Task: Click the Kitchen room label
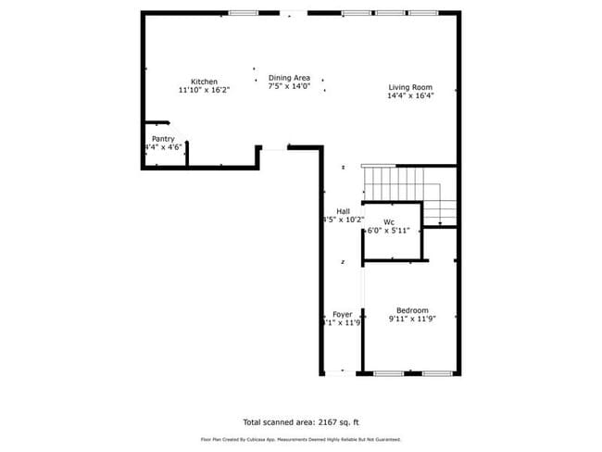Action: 205,82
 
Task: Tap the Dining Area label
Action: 289,78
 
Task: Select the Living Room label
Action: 410,87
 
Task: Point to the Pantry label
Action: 163,139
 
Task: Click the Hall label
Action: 343,211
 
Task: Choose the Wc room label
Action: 389,221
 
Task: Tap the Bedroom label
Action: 412,310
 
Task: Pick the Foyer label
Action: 342,315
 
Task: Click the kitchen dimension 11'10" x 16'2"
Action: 204,91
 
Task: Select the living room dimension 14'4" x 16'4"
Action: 410,95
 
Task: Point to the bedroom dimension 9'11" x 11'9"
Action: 412,319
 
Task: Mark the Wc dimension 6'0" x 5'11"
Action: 389,230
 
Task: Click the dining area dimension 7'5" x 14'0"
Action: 289,86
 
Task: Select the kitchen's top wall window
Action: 243,13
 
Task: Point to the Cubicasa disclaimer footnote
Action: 301,439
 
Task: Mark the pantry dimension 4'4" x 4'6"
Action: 163,147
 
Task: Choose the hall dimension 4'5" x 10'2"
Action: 343,220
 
